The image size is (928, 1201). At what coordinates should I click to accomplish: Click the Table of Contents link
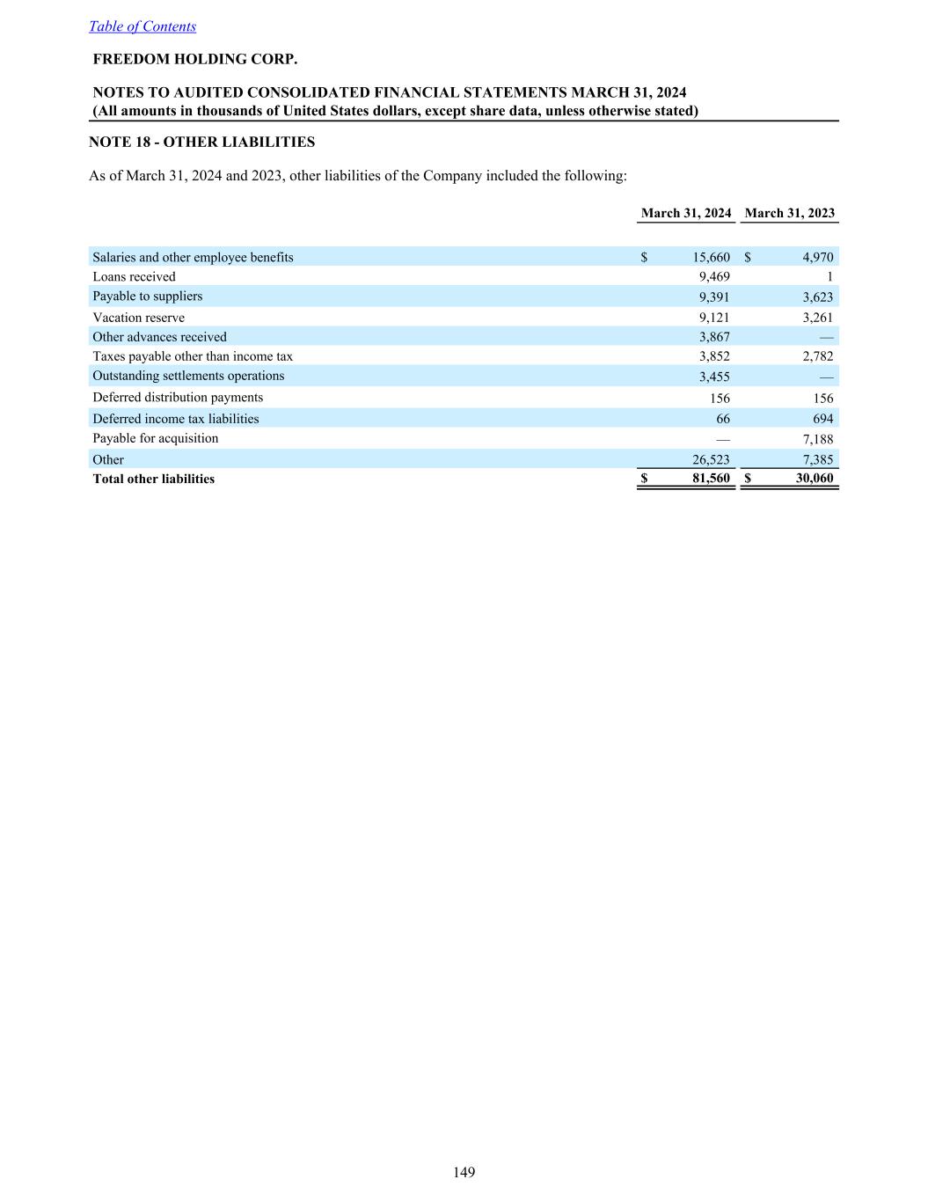pyautogui.click(x=142, y=26)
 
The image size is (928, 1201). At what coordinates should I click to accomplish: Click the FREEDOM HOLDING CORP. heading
pyautogui.click(x=195, y=60)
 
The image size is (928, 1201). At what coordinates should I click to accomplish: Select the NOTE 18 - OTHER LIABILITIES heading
pyautogui.click(x=201, y=142)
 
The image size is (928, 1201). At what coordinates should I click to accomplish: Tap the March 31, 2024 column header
pyautogui.click(x=686, y=213)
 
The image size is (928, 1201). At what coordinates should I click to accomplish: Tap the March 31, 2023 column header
pyautogui.click(x=789, y=213)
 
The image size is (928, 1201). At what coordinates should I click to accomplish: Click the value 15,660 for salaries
pyautogui.click(x=711, y=257)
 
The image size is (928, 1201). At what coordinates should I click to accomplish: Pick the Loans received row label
pyautogui.click(x=134, y=276)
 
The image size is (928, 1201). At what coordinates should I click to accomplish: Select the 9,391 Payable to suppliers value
pyautogui.click(x=713, y=297)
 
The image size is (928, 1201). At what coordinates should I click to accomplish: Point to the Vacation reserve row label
pyautogui.click(x=138, y=318)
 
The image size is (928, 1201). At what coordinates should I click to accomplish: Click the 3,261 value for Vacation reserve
pyautogui.click(x=817, y=318)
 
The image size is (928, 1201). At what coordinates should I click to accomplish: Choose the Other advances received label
pyautogui.click(x=159, y=337)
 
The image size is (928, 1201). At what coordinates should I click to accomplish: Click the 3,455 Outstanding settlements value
pyautogui.click(x=713, y=377)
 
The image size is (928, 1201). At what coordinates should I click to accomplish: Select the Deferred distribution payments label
pyautogui.click(x=178, y=397)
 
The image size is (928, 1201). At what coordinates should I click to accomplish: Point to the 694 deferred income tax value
pyautogui.click(x=822, y=419)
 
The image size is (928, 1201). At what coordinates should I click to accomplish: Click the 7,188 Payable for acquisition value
pyautogui.click(x=817, y=439)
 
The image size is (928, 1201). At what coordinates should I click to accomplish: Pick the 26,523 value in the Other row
pyautogui.click(x=711, y=459)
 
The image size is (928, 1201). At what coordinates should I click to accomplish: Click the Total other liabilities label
pyautogui.click(x=153, y=479)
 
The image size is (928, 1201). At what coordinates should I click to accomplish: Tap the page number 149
pyautogui.click(x=464, y=1172)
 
